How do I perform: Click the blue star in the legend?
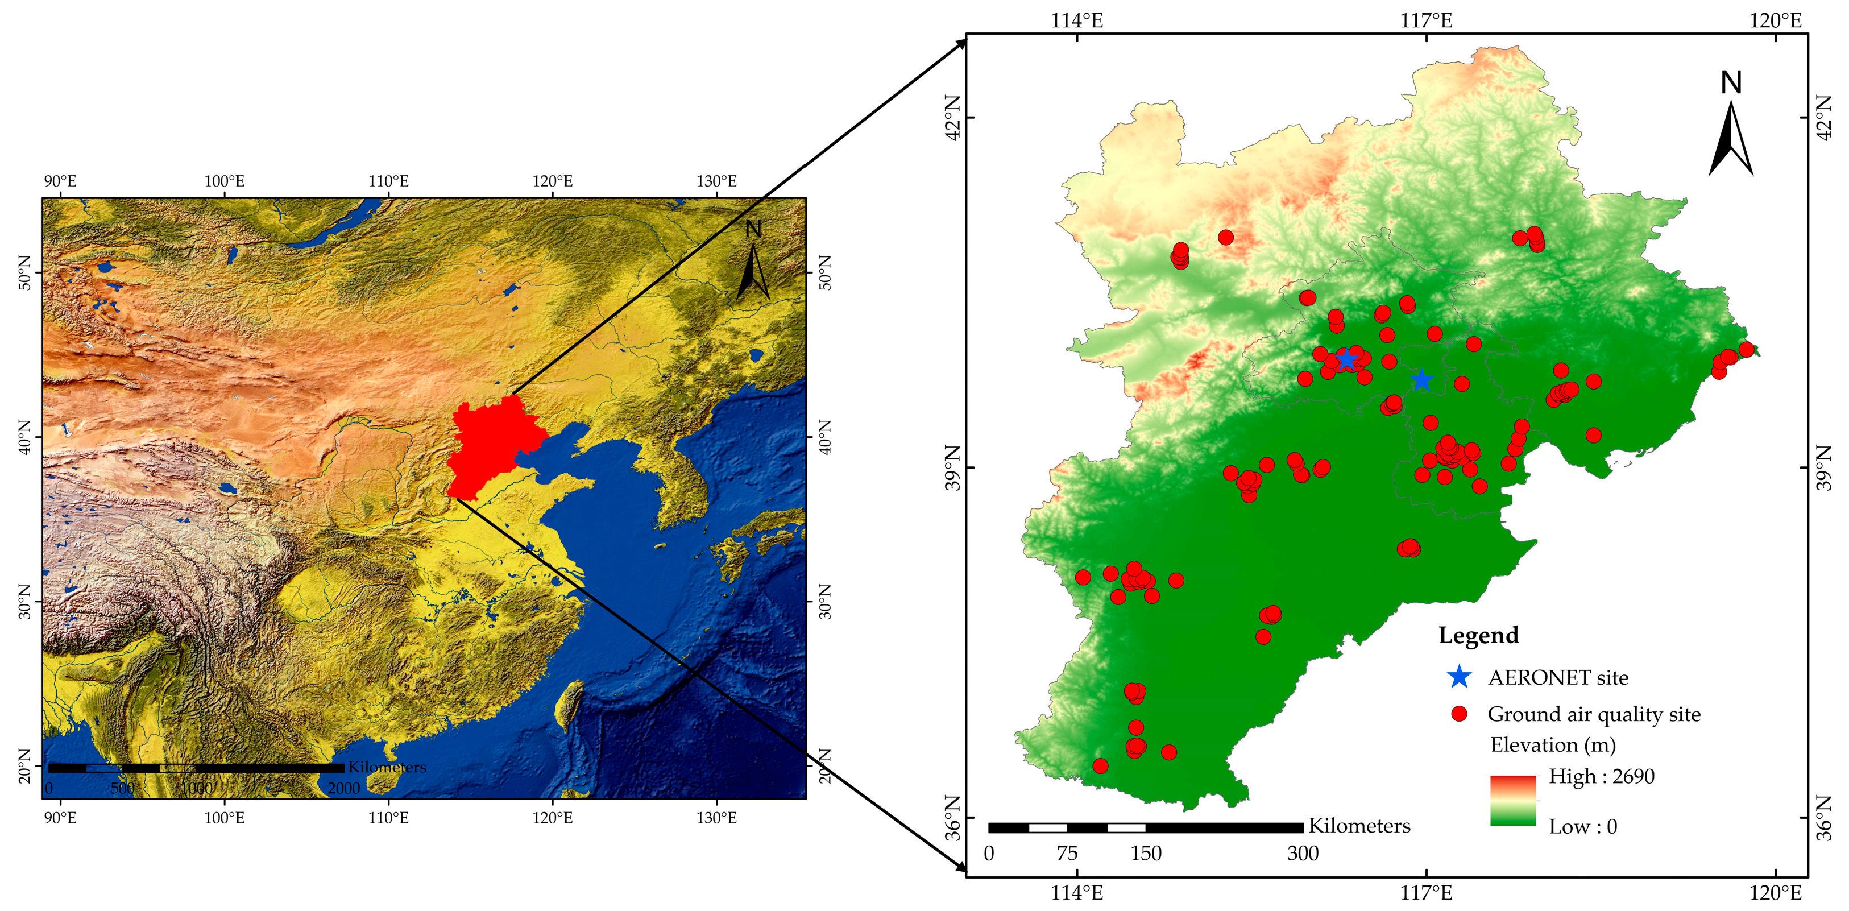(1460, 676)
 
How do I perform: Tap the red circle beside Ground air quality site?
(1460, 714)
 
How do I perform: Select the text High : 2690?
(1601, 776)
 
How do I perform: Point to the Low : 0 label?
(1582, 826)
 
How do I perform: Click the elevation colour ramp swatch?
(1512, 801)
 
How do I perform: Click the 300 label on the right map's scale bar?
(1302, 854)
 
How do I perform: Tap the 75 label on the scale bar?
(1067, 854)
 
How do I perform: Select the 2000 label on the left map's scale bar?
(344, 788)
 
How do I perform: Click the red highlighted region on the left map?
(495, 445)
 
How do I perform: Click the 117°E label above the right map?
(1425, 20)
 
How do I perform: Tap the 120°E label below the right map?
(1775, 892)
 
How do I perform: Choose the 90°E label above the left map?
(60, 181)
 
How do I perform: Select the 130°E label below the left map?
(716, 818)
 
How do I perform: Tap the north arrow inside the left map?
(752, 262)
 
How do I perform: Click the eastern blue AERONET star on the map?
(1421, 380)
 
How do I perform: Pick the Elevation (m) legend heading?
(1553, 744)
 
